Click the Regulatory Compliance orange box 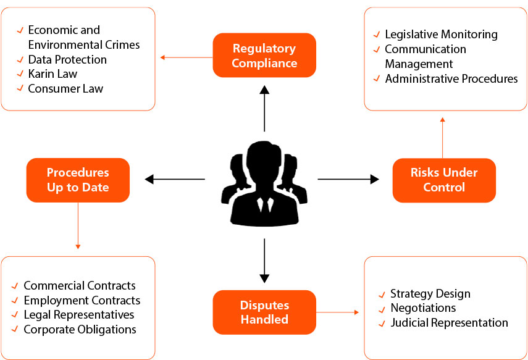(x=264, y=56)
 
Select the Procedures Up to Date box (x=78, y=180)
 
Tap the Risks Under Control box (x=444, y=180)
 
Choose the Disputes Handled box (x=264, y=312)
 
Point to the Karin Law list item (x=52, y=74)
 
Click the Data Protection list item (x=67, y=59)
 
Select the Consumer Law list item (x=65, y=89)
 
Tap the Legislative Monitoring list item (x=441, y=35)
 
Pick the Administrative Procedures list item (x=451, y=79)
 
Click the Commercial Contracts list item (x=79, y=285)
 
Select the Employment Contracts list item (x=82, y=300)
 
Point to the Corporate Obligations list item (x=80, y=330)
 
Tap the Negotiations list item (x=422, y=308)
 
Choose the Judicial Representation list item (x=449, y=322)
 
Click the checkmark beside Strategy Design (x=382, y=294)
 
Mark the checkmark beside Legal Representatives (x=15, y=316)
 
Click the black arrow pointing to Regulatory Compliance (x=264, y=108)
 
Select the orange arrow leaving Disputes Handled (x=338, y=313)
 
